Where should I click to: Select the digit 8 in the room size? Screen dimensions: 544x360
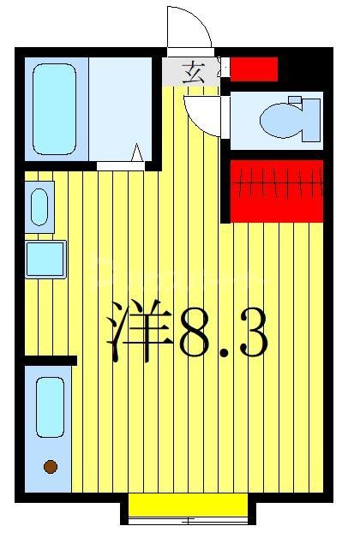[200, 332]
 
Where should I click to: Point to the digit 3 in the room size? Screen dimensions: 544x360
[250, 332]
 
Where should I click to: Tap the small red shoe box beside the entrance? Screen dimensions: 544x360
[254, 69]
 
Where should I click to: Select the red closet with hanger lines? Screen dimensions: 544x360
[276, 189]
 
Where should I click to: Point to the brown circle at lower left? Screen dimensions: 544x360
[51, 467]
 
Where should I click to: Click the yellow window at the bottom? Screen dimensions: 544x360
[188, 505]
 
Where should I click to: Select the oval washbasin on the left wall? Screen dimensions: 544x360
[39, 206]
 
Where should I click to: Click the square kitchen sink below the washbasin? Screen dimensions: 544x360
[45, 259]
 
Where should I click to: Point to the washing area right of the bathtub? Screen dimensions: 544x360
[120, 108]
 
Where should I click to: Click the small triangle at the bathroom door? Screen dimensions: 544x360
[136, 154]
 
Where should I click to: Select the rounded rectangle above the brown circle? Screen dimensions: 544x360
[51, 406]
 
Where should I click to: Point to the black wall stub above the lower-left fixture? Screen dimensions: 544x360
[51, 361]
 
